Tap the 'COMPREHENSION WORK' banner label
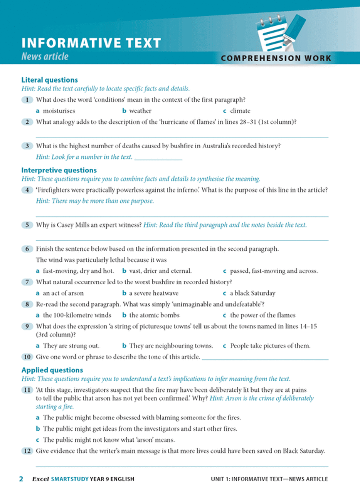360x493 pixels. pos(276,59)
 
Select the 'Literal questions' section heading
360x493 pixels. pos(50,80)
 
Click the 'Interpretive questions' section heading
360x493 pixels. pos(59,170)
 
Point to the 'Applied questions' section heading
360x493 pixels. pos(52,370)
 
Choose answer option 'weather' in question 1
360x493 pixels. pos(140,111)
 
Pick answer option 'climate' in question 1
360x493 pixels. pos(240,111)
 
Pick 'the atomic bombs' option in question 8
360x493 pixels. pos(154,315)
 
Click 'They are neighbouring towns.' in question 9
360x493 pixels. pos(171,345)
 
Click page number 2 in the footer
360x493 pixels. pos(22,479)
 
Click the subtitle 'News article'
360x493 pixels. pos(45,57)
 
